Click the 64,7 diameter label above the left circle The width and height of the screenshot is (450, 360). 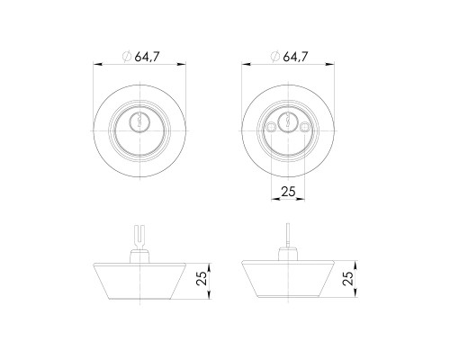pyautogui.click(x=147, y=57)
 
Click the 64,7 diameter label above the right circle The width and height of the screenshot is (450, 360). pyautogui.click(x=295, y=57)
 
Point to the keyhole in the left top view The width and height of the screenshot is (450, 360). pyautogui.click(x=139, y=120)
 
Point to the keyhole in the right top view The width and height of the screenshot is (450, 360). pyautogui.click(x=288, y=120)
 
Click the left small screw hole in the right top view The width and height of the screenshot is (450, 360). pyautogui.click(x=270, y=127)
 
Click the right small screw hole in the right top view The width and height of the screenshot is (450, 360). pyautogui.click(x=305, y=127)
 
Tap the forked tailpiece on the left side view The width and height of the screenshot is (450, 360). pyautogui.click(x=139, y=237)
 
